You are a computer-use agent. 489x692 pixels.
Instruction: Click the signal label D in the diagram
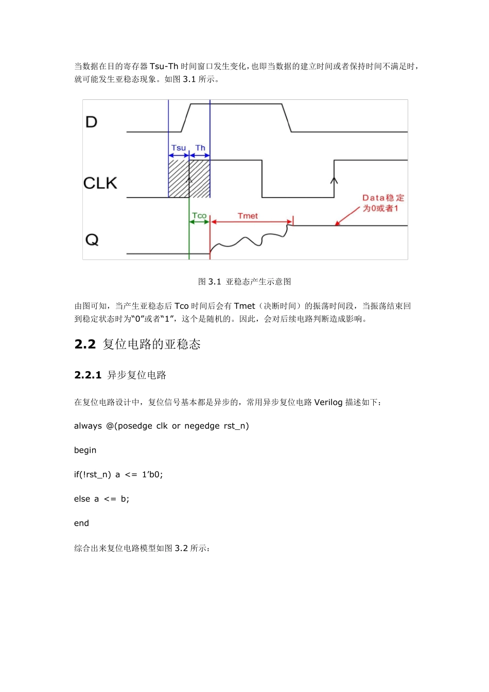[x=91, y=122]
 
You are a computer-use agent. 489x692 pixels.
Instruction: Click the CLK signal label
[x=100, y=183]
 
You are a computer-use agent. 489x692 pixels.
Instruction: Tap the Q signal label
[x=92, y=240]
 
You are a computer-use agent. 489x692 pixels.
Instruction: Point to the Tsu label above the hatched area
[x=179, y=148]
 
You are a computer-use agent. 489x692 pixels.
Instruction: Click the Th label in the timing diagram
[x=200, y=148]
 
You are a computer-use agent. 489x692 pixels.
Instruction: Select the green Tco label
[x=199, y=216]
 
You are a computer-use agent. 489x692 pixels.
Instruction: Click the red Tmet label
[x=248, y=216]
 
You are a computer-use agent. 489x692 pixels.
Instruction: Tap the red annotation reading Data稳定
[x=383, y=198]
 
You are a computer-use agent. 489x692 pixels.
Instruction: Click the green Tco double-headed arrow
[x=199, y=222]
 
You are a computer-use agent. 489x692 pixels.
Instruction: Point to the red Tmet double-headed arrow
[x=251, y=222]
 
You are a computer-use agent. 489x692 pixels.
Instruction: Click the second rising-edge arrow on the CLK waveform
[x=334, y=181]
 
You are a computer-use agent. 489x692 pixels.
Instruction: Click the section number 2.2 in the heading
[x=85, y=344]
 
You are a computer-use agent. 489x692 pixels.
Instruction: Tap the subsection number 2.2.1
[x=88, y=375]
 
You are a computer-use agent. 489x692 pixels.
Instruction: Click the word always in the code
[x=88, y=426]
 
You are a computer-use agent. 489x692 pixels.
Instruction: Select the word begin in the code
[x=85, y=451]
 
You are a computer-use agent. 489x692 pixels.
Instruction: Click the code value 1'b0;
[x=152, y=475]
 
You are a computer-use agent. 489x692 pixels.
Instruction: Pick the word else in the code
[x=82, y=499]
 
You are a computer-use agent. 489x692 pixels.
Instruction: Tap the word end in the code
[x=81, y=524]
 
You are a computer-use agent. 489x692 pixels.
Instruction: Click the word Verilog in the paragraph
[x=328, y=402]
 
